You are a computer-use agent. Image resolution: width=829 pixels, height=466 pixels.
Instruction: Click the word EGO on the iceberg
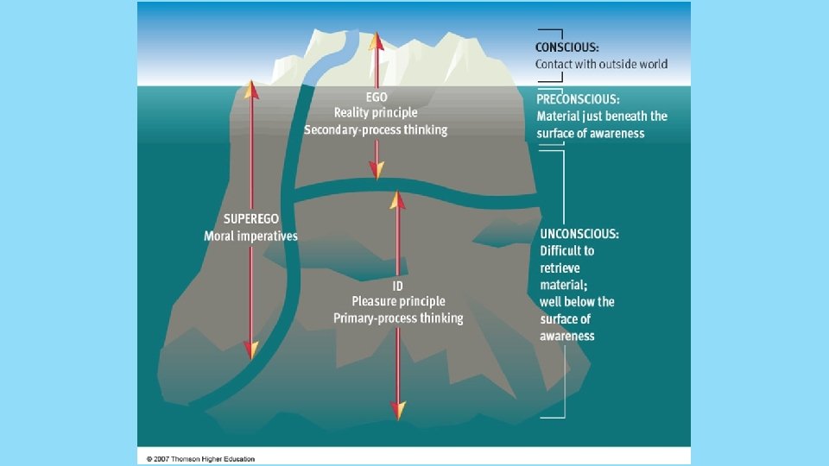coord(376,97)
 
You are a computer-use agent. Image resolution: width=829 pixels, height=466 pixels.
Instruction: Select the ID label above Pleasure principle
coord(398,286)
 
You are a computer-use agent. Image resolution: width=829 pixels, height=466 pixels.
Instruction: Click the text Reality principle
coord(376,113)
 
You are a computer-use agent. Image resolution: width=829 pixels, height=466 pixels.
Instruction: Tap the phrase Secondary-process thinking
coord(376,129)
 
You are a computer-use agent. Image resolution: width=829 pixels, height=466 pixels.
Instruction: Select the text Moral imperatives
coord(250,236)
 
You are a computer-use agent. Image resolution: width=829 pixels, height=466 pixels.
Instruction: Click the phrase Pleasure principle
coord(398,301)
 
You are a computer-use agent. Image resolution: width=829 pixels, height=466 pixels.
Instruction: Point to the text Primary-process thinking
coord(398,318)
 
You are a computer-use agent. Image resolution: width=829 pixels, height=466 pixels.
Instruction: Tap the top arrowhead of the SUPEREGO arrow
coord(250,88)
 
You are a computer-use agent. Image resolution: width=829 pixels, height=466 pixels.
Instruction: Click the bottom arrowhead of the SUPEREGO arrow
coord(250,349)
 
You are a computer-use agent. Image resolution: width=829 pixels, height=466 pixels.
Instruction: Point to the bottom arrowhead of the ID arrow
coord(398,410)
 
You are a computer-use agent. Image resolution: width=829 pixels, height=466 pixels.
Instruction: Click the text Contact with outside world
coord(601,64)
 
